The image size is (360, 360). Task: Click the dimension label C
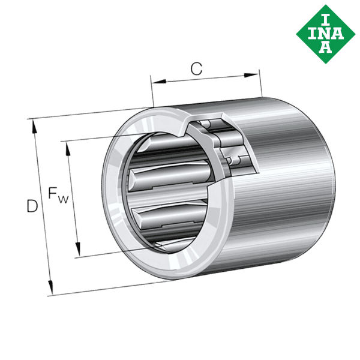point(197,68)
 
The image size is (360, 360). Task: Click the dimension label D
point(32,206)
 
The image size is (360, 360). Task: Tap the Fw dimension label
point(58,196)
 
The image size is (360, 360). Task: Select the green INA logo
point(326,34)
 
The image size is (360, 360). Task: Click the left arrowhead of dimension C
point(159,82)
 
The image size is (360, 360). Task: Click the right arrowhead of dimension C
point(251,76)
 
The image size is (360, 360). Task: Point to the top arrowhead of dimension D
point(34,126)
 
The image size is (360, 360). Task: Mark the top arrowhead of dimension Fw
point(68,149)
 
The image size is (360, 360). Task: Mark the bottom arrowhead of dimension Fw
point(78,248)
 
